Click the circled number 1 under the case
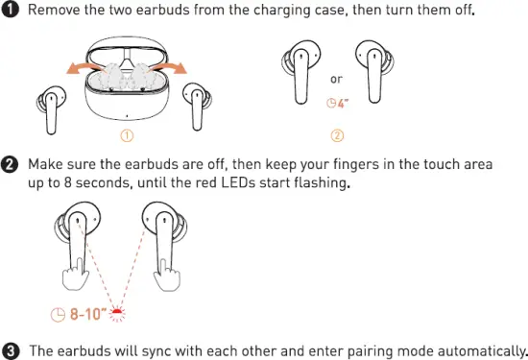(x=126, y=134)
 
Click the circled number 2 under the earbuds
(x=336, y=134)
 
